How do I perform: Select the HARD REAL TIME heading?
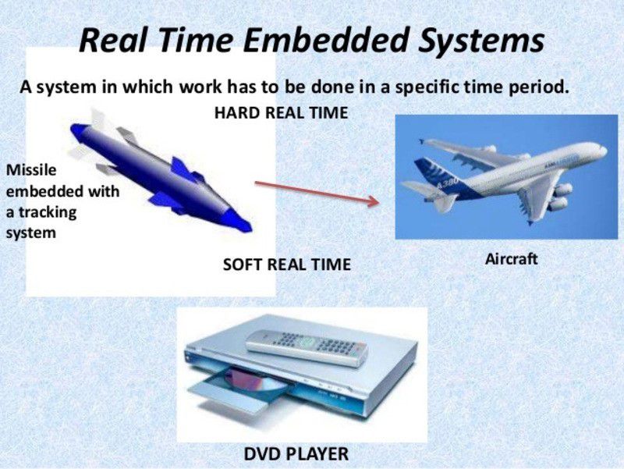(x=281, y=112)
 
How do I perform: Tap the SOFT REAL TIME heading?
(x=286, y=265)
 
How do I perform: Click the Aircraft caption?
(x=511, y=259)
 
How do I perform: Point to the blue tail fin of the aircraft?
(x=428, y=173)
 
